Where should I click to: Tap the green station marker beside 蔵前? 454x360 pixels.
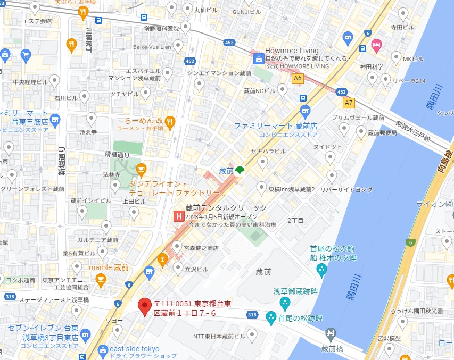(240, 170)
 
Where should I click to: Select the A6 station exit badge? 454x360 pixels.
(298, 78)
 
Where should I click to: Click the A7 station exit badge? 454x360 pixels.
(349, 102)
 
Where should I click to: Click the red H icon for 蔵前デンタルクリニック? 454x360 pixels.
(180, 216)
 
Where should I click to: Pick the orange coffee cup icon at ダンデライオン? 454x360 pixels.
(141, 170)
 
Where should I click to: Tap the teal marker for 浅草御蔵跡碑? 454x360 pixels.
(285, 304)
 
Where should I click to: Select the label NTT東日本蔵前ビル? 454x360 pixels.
(219, 336)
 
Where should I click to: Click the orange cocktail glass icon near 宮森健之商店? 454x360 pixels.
(162, 259)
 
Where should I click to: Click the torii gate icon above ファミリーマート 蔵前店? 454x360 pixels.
(304, 111)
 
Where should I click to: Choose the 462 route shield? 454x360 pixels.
(190, 61)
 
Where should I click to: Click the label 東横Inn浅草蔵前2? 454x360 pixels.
(292, 189)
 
